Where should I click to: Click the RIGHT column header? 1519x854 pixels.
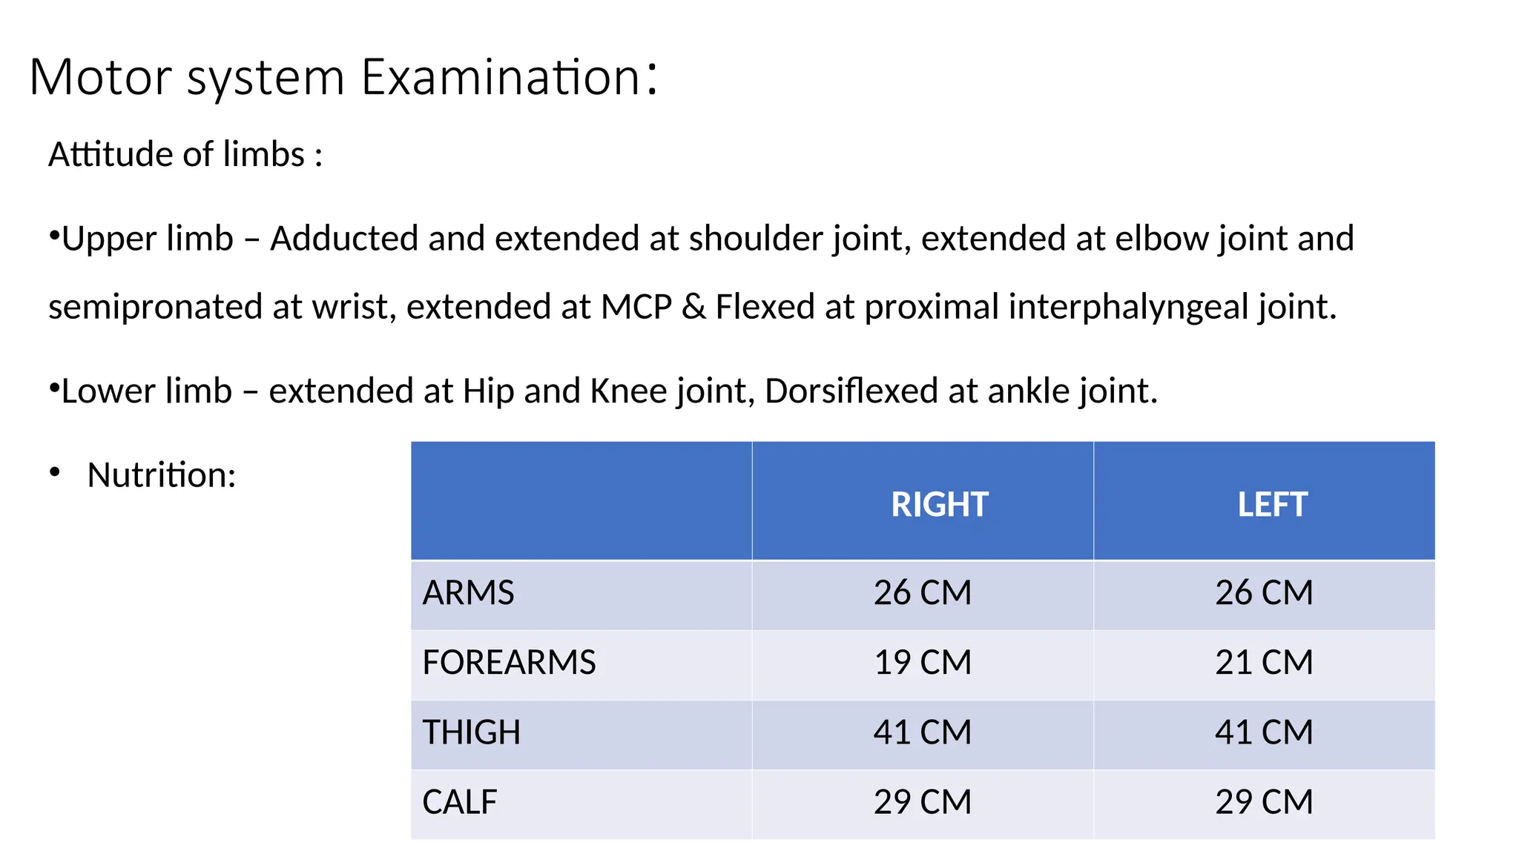point(939,505)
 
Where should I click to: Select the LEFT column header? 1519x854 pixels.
point(1272,505)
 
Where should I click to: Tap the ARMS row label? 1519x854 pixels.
point(468,593)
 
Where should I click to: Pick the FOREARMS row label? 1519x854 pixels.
point(509,662)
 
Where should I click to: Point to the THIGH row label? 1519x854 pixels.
point(471,732)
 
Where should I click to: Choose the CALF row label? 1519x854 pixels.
point(459,802)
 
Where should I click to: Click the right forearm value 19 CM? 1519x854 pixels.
point(923,662)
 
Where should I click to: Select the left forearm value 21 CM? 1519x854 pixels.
point(1264,662)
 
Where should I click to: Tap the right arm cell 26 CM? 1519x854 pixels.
point(923,593)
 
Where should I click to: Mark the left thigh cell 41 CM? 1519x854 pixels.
point(1264,732)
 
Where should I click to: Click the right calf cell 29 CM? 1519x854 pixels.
point(923,802)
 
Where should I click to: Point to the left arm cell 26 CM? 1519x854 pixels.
point(1264,593)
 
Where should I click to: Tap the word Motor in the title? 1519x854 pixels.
point(101,77)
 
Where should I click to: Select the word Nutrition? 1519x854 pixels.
point(161,475)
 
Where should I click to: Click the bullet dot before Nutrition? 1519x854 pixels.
point(55,473)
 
